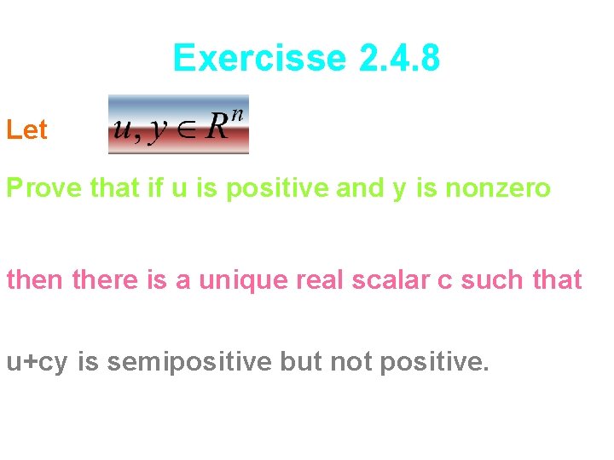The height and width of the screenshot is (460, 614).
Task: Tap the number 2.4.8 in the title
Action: click(400, 59)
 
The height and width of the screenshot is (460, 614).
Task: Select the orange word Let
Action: click(26, 130)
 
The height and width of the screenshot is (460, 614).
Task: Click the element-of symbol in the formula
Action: click(188, 130)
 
